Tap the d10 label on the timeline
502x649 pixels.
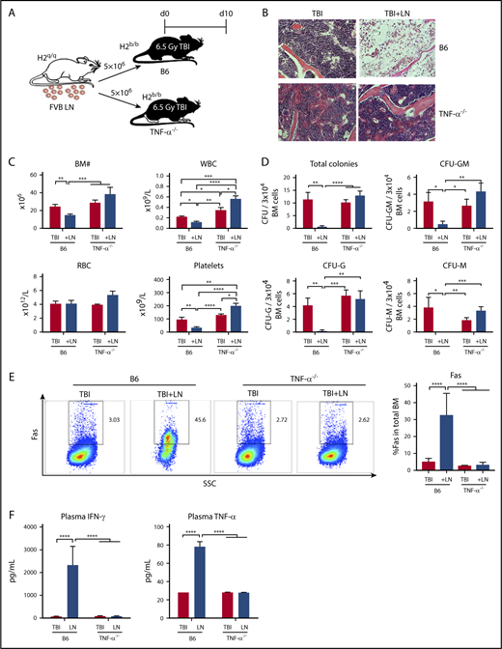pyautogui.click(x=223, y=13)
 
